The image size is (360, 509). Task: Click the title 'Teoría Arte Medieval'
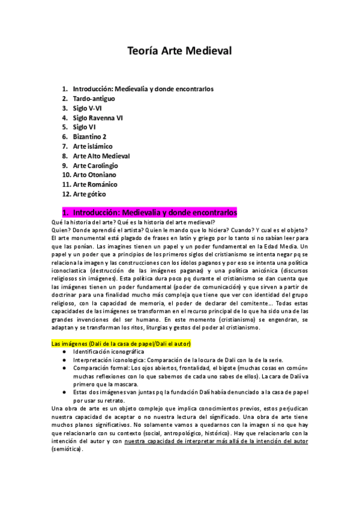coord(180,51)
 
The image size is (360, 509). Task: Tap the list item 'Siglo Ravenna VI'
coord(98,118)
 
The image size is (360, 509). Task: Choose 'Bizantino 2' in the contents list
coord(89,137)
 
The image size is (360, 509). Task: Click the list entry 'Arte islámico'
coord(92,146)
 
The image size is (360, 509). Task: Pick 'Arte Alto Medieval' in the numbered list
coord(101,156)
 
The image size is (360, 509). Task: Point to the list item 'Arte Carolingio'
coord(95,166)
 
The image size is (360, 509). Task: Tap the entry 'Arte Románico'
coord(95,185)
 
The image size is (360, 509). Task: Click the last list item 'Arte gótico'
coord(90,194)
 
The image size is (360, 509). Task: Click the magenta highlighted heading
coord(150,213)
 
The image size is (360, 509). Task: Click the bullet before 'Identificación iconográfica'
coord(64,352)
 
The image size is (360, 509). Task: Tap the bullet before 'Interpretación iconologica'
coord(64,360)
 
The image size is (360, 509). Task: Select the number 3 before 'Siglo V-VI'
coord(64,108)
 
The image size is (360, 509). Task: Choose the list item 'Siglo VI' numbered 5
coord(84,127)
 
